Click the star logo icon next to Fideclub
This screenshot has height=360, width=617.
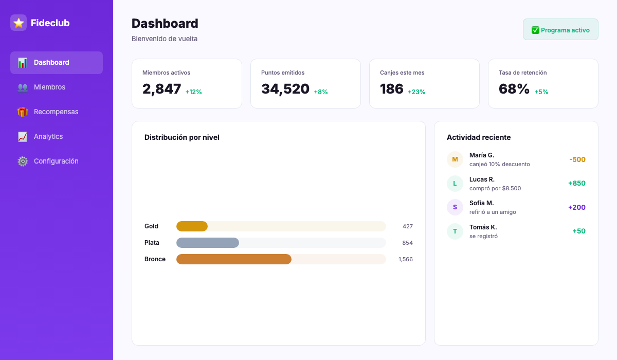[x=19, y=23]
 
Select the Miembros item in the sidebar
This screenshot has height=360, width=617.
[x=49, y=87]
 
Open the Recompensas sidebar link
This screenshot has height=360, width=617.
[x=56, y=112]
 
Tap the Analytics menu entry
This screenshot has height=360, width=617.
[x=48, y=137]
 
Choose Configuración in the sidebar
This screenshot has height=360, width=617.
[x=56, y=161]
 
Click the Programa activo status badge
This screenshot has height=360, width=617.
[x=560, y=30]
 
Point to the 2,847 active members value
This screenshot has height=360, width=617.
[x=162, y=89]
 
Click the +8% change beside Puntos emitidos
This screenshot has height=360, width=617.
[x=321, y=92]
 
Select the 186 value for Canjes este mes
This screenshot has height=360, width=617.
[x=392, y=89]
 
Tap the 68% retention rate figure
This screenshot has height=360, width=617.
[x=514, y=89]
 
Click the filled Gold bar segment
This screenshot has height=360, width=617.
[x=192, y=226]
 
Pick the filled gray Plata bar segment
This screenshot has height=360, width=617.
[x=208, y=243]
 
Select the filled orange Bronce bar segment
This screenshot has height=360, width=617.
[x=234, y=259]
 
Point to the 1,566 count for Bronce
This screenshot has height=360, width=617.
[x=405, y=259]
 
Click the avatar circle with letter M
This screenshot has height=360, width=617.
[x=455, y=159]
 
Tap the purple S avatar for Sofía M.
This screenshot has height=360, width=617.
[x=455, y=207]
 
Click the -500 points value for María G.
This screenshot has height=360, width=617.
[x=577, y=159]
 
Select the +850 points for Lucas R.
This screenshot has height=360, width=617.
[x=576, y=183]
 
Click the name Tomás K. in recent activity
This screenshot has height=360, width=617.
[x=483, y=227]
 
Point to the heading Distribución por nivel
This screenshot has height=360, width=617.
[x=182, y=137]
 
